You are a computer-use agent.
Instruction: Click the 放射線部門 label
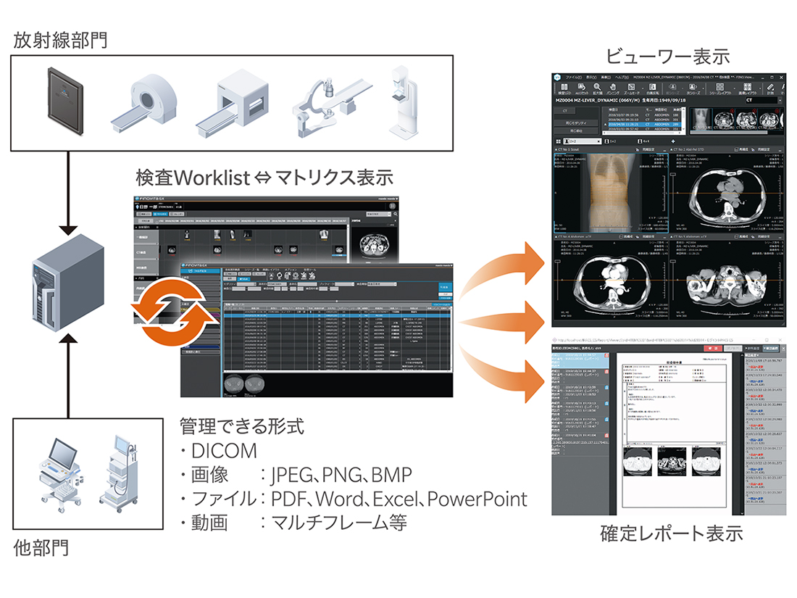[60, 40]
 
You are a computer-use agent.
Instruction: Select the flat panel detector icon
[66, 101]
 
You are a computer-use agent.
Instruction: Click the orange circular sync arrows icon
[172, 312]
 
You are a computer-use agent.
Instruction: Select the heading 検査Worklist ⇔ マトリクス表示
[264, 177]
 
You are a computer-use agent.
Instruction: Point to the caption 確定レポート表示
[671, 534]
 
